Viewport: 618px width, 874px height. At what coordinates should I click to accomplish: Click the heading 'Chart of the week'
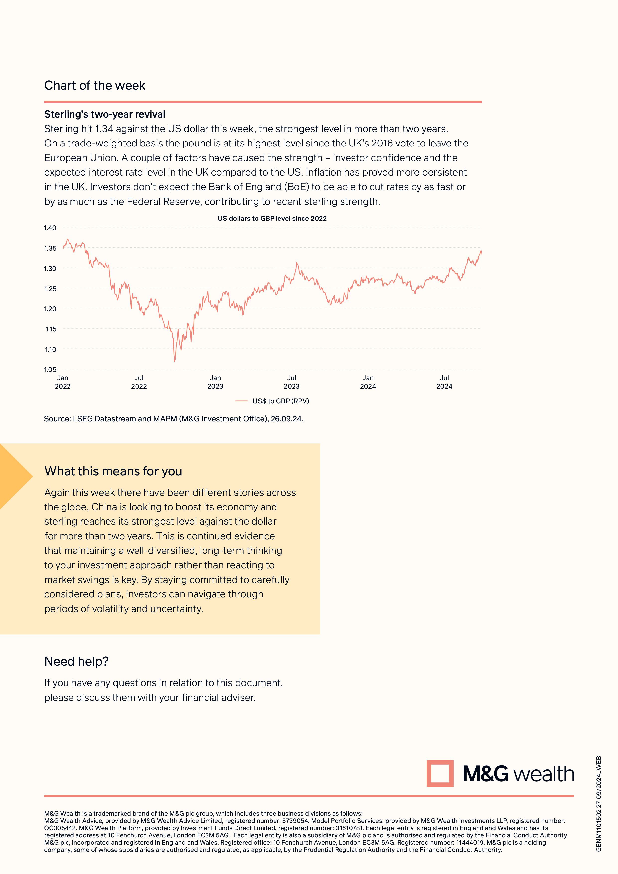coord(94,86)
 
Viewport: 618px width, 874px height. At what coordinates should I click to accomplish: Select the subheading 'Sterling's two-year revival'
coord(105,114)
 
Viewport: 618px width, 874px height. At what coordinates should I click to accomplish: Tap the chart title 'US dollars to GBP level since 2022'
coord(272,218)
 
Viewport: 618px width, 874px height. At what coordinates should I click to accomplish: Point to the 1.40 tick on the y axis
coord(50,228)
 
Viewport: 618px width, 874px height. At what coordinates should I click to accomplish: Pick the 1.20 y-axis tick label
coord(50,309)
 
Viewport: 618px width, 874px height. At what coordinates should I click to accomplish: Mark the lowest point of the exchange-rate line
coord(175,361)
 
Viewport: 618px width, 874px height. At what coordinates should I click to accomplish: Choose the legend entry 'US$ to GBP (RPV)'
coord(280,401)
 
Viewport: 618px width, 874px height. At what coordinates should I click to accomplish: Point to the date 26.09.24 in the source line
coord(286,419)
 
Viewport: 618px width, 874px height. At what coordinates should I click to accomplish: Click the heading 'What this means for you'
coord(113,471)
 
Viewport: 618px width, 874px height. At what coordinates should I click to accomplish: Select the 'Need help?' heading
coord(76,661)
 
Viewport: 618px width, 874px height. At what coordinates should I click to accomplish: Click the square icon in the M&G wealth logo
coord(440,774)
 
